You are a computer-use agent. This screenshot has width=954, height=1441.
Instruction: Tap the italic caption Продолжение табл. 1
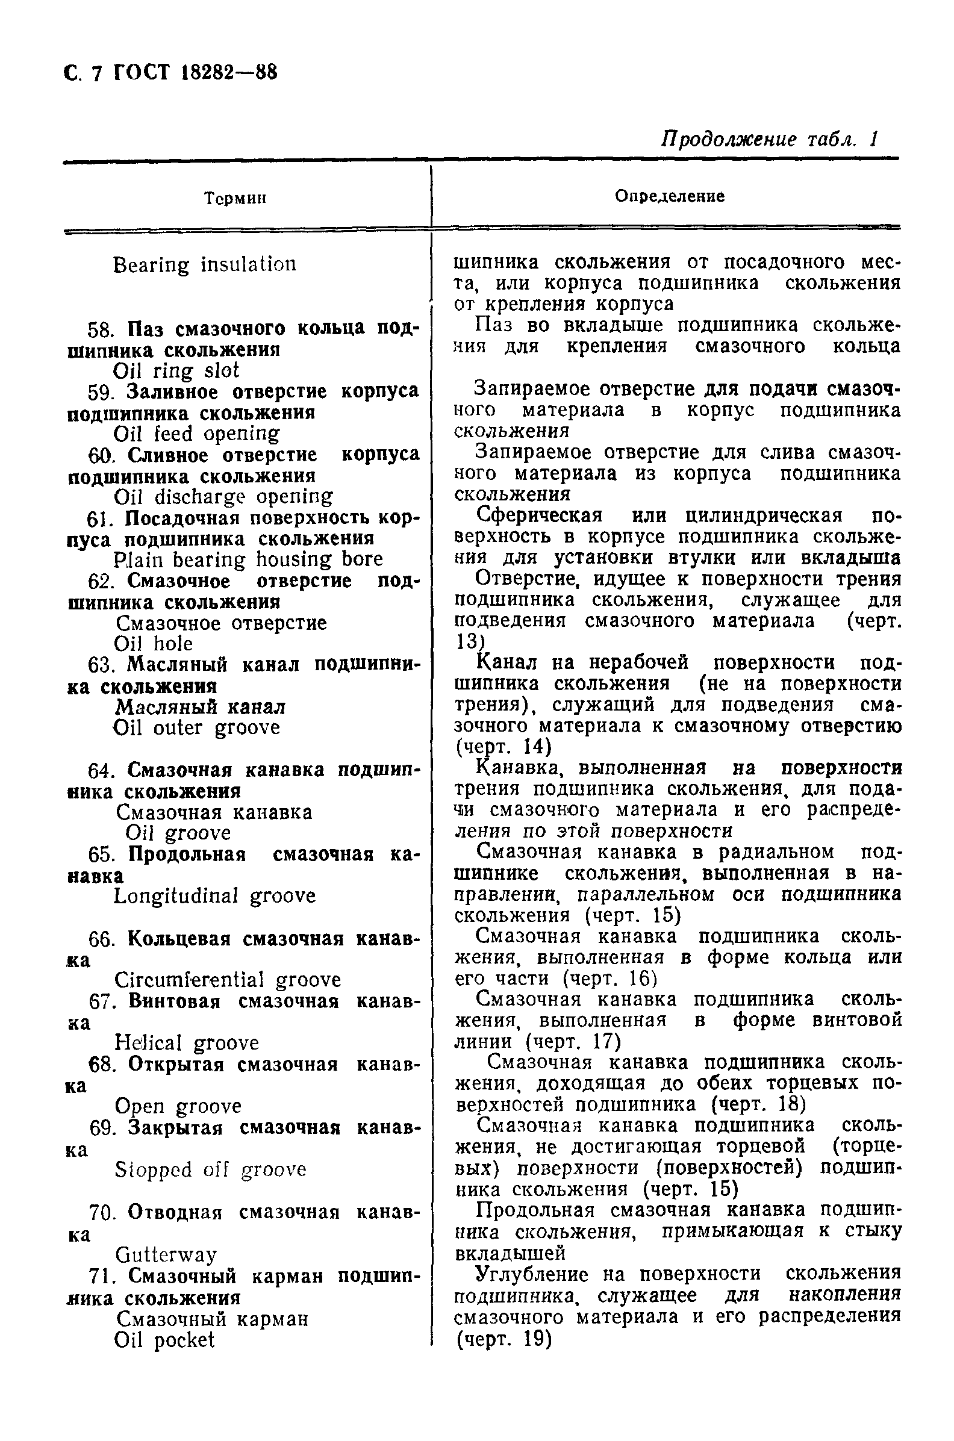pos(770,139)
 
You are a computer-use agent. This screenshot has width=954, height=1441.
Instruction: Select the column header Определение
pos(669,196)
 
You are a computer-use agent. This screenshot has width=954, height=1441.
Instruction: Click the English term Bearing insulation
pos(204,264)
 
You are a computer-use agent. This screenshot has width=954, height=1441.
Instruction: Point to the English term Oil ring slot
pos(176,370)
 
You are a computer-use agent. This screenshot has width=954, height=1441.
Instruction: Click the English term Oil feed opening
pos(196,434)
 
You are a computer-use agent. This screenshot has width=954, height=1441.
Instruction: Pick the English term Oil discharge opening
pos(223,497)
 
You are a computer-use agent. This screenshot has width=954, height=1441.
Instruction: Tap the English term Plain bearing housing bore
pos(248,559)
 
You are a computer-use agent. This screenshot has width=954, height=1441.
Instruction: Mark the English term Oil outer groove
pos(196,727)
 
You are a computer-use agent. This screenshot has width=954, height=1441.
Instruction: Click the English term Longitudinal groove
pos(215,896)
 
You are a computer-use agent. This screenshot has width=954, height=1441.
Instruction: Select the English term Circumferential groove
pos(228,980)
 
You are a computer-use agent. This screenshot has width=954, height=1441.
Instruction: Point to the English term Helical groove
pos(186,1043)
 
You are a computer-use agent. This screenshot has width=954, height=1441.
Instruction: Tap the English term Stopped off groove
pos(210,1169)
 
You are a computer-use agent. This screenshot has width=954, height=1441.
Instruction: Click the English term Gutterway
pos(166,1254)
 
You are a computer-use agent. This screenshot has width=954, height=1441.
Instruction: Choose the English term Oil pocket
pos(164,1339)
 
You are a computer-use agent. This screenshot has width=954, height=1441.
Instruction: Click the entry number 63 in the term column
pos(101,665)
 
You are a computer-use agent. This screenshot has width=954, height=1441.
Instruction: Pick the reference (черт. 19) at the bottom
pos(503,1339)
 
